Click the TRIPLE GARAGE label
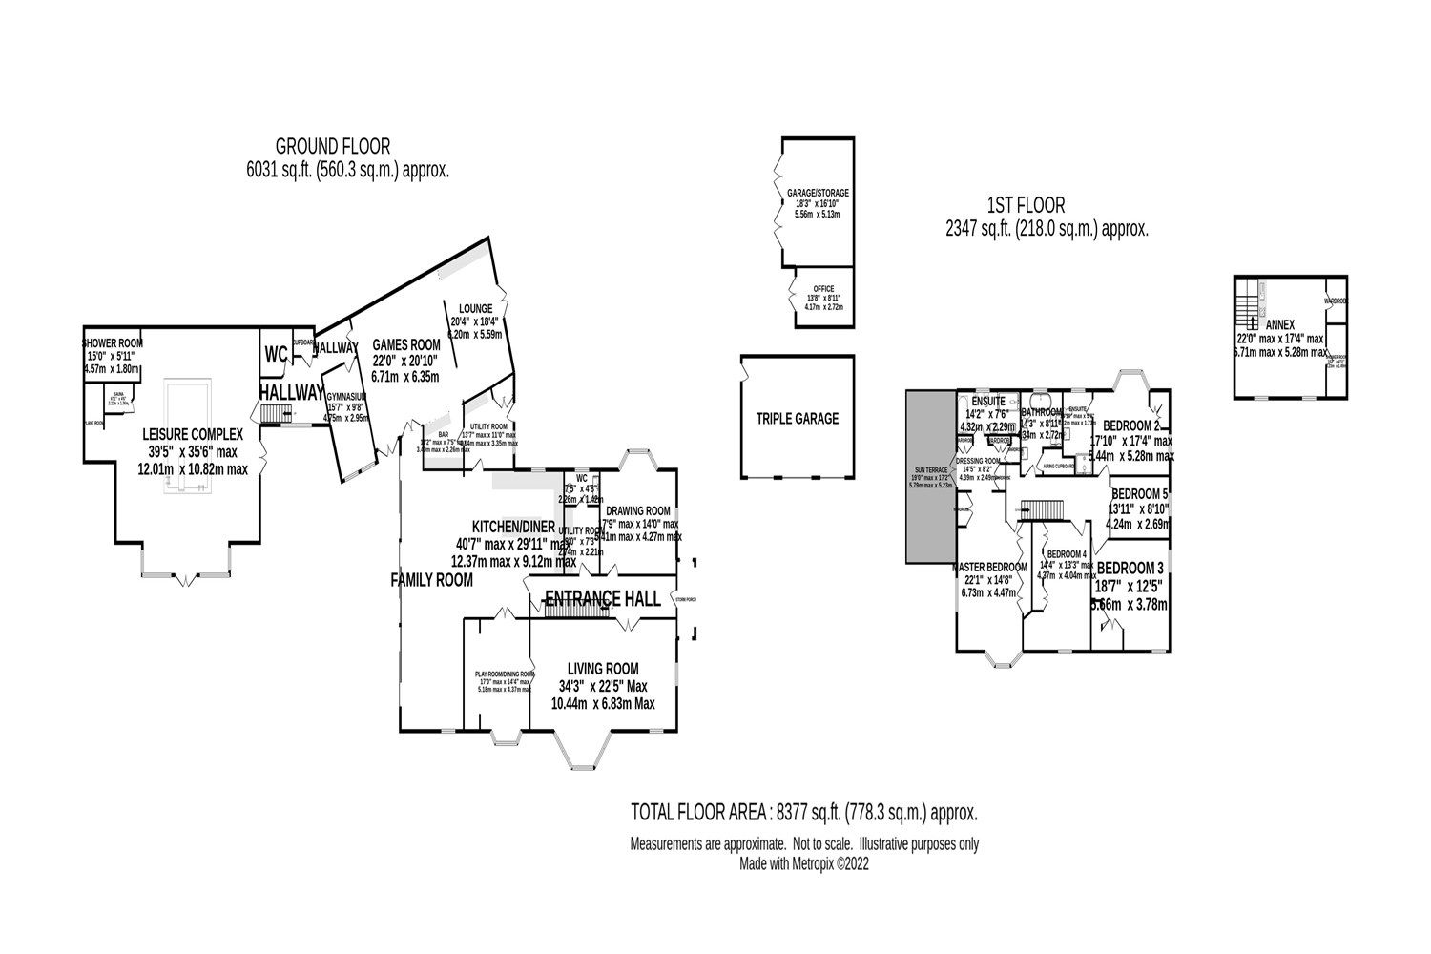(x=797, y=418)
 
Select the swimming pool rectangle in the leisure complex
(x=187, y=434)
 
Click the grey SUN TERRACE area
(x=931, y=477)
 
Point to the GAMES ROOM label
(x=405, y=345)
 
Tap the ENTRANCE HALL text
(x=601, y=598)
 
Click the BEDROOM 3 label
(x=1130, y=570)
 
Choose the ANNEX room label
(x=1279, y=323)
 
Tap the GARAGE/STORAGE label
(x=818, y=193)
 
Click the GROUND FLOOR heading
(x=332, y=146)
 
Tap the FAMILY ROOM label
(x=431, y=579)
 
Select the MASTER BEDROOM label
(x=988, y=567)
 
